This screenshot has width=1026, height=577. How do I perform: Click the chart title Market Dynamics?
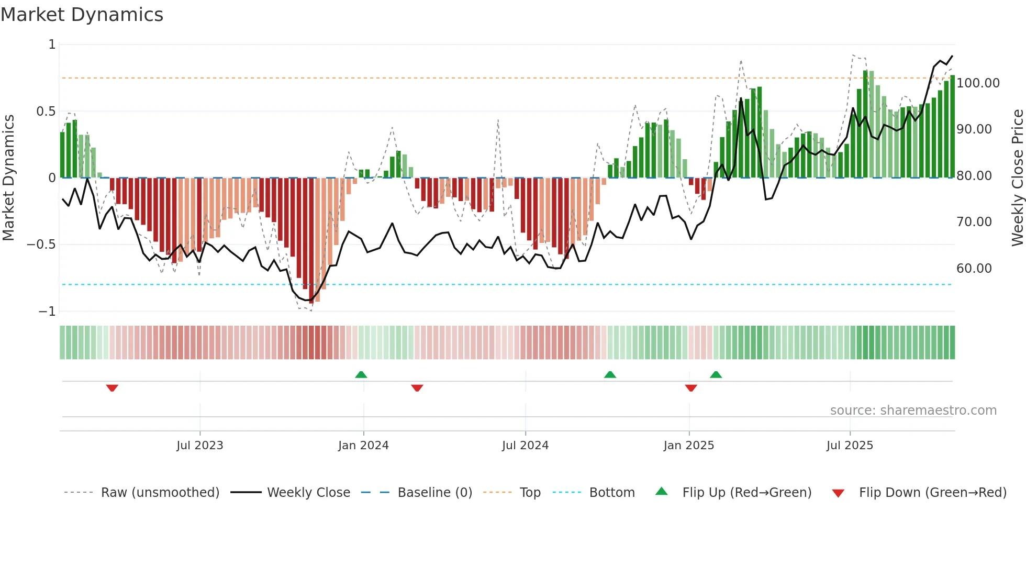pyautogui.click(x=82, y=15)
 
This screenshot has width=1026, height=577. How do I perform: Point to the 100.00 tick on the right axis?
pyautogui.click(x=978, y=83)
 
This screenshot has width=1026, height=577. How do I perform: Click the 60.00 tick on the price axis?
pyautogui.click(x=974, y=269)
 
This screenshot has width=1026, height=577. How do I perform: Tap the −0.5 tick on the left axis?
pyautogui.click(x=41, y=245)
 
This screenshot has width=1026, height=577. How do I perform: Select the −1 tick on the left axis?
pyautogui.click(x=47, y=312)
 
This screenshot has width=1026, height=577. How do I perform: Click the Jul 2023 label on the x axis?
pyautogui.click(x=199, y=446)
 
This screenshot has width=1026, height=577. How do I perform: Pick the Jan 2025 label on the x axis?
pyautogui.click(x=688, y=446)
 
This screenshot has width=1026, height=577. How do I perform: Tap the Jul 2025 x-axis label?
pyautogui.click(x=850, y=446)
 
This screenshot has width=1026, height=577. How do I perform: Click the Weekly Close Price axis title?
pyautogui.click(x=1017, y=177)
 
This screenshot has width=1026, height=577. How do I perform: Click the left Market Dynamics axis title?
pyautogui.click(x=8, y=177)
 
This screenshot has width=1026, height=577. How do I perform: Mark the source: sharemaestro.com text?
pyautogui.click(x=913, y=410)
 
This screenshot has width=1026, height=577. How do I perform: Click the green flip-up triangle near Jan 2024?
pyautogui.click(x=361, y=374)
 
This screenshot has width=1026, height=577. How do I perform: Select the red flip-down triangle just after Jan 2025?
pyautogui.click(x=691, y=388)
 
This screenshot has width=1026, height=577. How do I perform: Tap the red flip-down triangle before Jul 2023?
pyautogui.click(x=112, y=388)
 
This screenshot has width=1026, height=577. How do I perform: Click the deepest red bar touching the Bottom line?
pyautogui.click(x=311, y=241)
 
